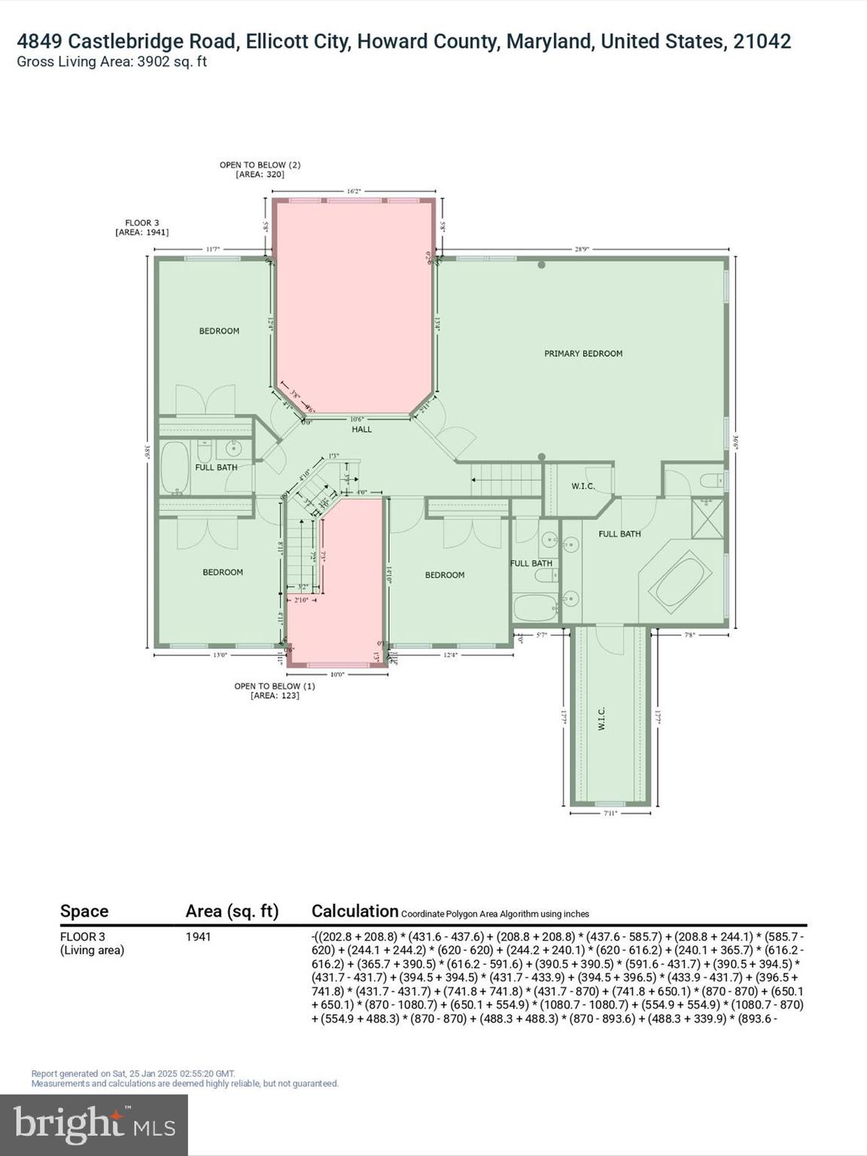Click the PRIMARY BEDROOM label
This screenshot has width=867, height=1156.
coord(583,353)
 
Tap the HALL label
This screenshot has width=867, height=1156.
coord(362,429)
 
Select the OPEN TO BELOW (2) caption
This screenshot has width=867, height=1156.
coord(260,169)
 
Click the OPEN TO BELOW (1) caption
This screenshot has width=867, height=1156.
coord(275,691)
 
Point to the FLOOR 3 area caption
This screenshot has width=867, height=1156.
coord(141,227)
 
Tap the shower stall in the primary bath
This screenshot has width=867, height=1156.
coord(707,518)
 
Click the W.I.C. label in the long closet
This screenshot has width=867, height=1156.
coord(601,718)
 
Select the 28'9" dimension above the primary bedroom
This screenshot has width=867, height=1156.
coord(582,248)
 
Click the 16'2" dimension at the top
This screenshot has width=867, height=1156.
coord(354,191)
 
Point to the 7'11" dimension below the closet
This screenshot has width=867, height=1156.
coord(610,813)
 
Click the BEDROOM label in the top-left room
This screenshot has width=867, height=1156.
coord(219,331)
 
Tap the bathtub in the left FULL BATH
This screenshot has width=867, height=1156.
coord(175,467)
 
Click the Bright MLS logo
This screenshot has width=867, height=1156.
coord(94,1125)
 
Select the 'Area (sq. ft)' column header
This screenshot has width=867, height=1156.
coord(232,911)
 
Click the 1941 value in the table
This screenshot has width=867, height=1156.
coord(198,937)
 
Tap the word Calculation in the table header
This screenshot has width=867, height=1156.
coord(354,911)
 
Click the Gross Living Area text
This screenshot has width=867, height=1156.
coord(111,62)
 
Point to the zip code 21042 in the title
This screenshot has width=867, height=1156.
coord(762,41)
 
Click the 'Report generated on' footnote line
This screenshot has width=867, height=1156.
coord(133,1073)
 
